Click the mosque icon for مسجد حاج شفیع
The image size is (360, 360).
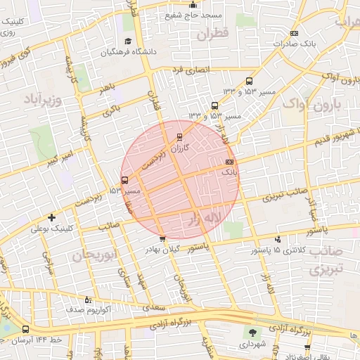coord(193,5)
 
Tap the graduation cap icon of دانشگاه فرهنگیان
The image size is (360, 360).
coord(128,41)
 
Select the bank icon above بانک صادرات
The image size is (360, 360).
coord(294,33)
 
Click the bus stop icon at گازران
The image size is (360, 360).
coord(179,136)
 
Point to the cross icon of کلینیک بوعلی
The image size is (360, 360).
coord(52,217)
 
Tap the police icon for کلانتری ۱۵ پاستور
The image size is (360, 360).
coord(278,240)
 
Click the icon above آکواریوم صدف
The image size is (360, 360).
coord(88,299)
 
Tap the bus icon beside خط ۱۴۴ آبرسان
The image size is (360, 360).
coord(26,329)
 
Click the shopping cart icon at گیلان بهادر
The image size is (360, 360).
coord(163,238)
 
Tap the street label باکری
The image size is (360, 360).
coord(112,110)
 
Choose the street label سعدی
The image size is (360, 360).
coord(150,307)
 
